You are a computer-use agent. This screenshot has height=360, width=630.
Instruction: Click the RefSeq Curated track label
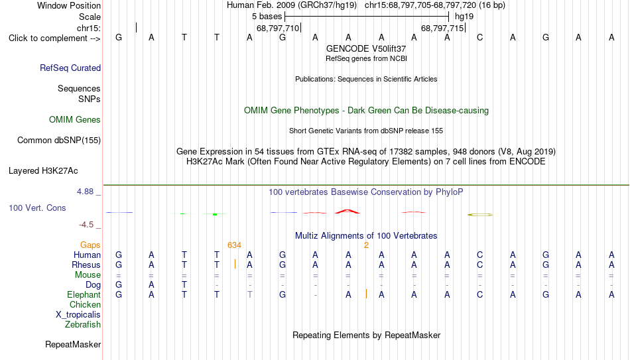[x=70, y=68]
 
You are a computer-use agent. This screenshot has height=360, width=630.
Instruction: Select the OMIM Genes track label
[x=75, y=120]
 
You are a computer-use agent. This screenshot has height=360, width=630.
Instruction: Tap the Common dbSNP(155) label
[x=59, y=141]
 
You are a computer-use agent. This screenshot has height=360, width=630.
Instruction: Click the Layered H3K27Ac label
[x=43, y=171]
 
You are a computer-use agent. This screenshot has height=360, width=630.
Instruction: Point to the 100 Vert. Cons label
[x=37, y=208]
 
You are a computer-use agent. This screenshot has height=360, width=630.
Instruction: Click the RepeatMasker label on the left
[x=73, y=344]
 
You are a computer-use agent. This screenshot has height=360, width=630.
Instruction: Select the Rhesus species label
[x=86, y=265]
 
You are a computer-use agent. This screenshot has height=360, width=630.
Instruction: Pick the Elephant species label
[x=84, y=294]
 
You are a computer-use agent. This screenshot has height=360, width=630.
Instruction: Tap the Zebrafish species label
[x=83, y=324]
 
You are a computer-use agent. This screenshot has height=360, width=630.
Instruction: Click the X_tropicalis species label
[x=78, y=315]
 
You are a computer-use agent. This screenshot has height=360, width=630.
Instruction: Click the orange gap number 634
[x=234, y=245]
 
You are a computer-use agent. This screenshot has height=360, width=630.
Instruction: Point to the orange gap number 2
[x=367, y=245]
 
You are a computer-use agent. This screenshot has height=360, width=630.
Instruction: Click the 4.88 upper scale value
[x=85, y=192]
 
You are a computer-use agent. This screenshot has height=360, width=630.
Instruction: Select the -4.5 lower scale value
[x=86, y=225]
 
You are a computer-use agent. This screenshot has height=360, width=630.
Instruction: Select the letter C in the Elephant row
[x=479, y=294]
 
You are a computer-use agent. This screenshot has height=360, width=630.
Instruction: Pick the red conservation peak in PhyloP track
[x=347, y=211]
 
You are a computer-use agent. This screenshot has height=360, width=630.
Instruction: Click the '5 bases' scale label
[x=267, y=17]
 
